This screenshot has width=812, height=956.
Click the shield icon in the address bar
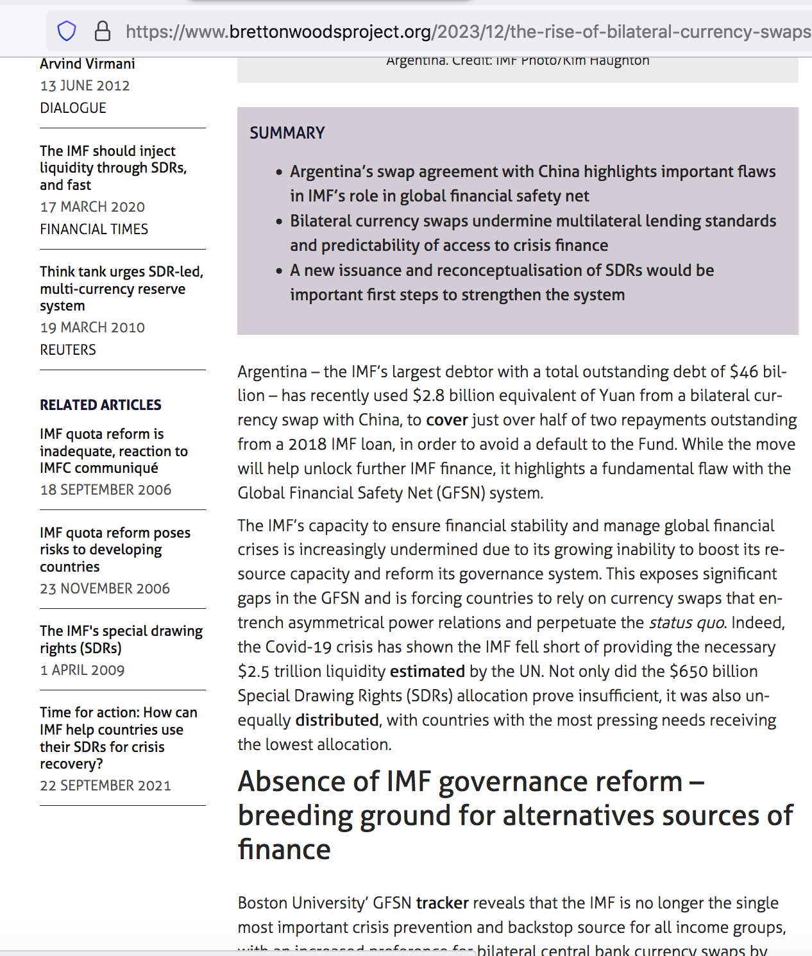point(67,31)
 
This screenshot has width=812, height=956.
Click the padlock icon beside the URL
point(102,31)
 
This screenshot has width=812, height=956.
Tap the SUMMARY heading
point(287,133)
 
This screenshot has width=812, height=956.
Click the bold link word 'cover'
point(447,420)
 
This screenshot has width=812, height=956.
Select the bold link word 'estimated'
point(427,671)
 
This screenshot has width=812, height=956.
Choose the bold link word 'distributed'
point(337,720)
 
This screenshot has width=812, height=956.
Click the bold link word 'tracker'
point(443,903)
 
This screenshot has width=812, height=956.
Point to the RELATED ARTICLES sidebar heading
point(101,405)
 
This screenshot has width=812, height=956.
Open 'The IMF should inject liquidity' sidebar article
point(113,167)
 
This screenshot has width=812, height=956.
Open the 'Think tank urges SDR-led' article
point(121,288)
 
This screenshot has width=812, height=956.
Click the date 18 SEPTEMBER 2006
point(106,490)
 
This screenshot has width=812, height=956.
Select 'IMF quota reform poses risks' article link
point(115,549)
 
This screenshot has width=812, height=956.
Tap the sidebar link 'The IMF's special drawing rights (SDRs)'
point(121,639)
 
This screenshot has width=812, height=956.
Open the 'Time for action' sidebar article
point(119,738)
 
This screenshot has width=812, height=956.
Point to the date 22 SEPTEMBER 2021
point(106,785)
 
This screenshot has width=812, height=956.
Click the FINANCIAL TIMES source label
point(94,229)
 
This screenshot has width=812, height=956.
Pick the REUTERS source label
point(68,350)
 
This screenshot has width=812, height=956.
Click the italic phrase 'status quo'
point(686,622)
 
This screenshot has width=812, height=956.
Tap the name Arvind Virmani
point(87,64)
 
